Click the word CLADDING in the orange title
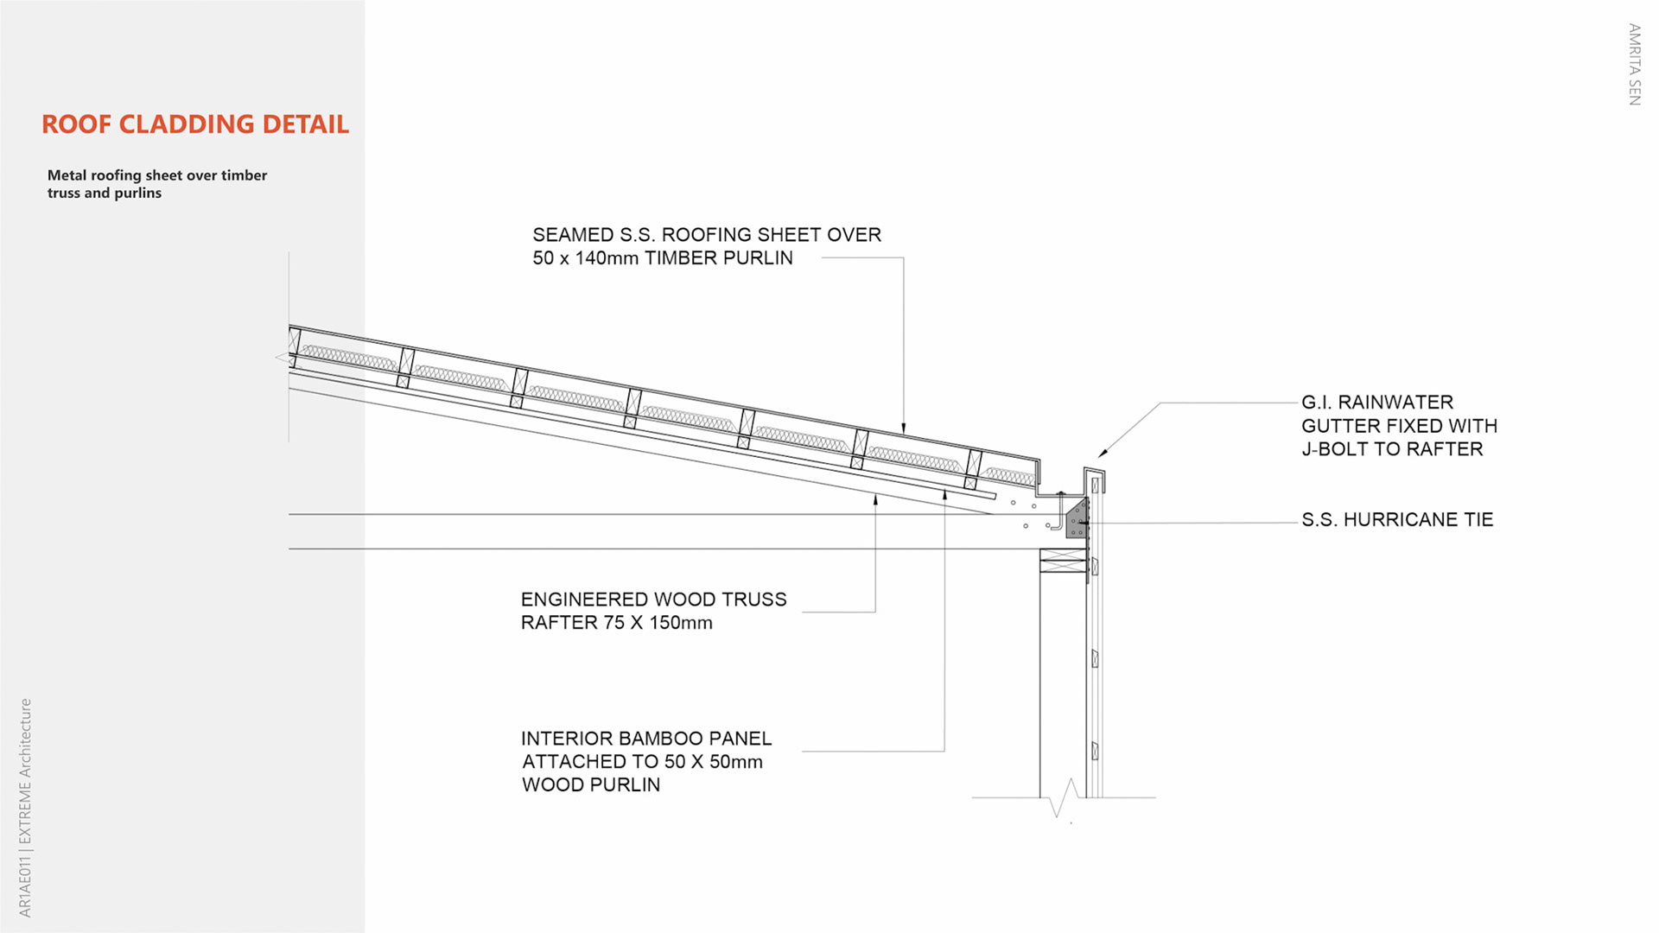click(x=187, y=124)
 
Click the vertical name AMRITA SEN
click(x=1633, y=65)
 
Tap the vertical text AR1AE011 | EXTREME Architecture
click(x=25, y=808)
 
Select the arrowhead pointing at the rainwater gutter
click(x=1103, y=454)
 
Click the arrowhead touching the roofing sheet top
click(x=904, y=428)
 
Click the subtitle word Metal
click(x=67, y=175)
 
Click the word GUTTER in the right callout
click(x=1342, y=426)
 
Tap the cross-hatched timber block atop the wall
click(x=1063, y=561)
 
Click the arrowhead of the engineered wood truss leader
click(x=875, y=499)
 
